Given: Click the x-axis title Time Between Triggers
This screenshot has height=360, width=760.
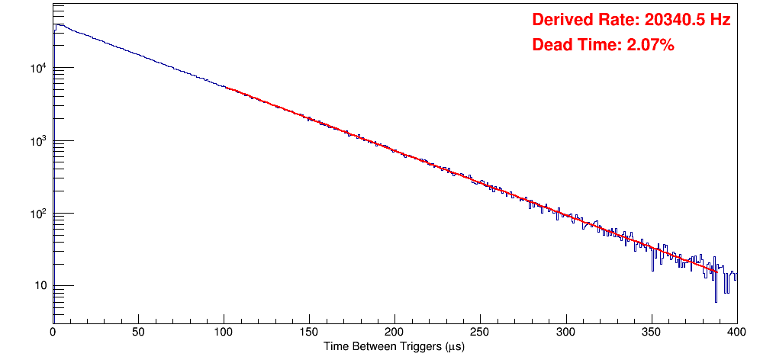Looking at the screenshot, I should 394,346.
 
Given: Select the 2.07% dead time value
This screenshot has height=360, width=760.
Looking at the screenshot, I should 650,46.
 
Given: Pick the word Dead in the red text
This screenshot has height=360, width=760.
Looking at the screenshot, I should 552,46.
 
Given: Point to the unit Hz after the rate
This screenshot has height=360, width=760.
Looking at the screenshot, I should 720,21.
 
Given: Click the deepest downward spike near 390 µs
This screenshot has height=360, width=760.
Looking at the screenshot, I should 716,301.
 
